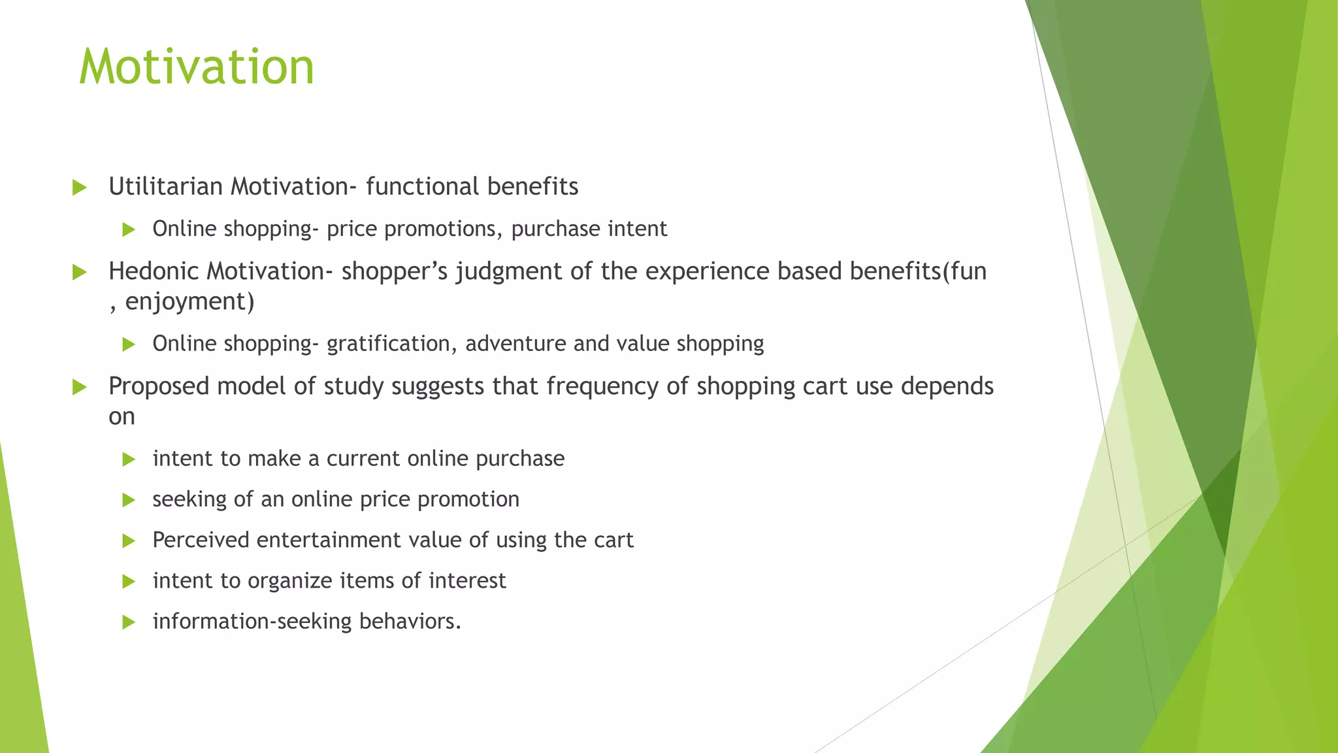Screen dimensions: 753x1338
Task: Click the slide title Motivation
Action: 196,67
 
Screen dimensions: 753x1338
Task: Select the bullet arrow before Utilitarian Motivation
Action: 80,188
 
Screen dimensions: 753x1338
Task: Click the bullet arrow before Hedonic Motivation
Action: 80,273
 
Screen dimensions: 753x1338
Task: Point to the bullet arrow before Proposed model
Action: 80,388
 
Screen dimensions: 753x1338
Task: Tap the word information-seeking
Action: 252,622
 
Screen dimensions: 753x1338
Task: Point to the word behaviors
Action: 410,622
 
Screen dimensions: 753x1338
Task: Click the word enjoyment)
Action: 189,302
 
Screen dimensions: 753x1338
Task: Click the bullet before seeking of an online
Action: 129,501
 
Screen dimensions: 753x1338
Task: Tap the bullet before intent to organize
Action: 129,582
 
